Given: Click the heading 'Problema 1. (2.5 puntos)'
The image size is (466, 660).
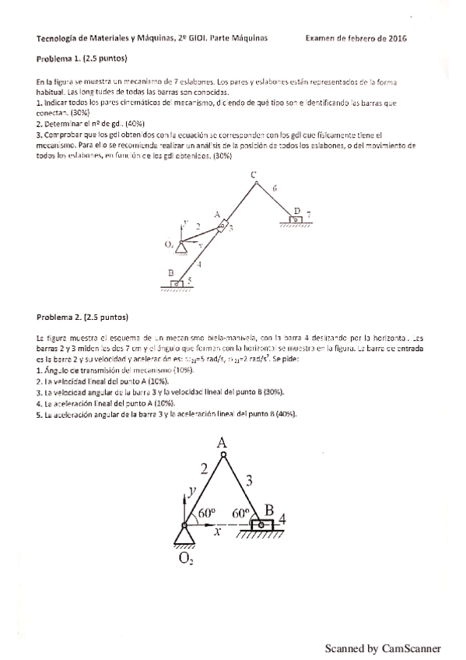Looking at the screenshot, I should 82,58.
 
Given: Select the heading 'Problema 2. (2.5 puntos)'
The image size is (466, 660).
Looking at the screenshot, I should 82,317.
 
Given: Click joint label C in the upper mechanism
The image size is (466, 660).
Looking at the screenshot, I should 254,177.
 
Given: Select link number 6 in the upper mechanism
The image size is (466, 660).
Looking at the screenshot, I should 275,188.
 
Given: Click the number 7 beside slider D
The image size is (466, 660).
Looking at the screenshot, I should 309,213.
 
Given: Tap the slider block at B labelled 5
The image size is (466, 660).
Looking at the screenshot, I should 177,283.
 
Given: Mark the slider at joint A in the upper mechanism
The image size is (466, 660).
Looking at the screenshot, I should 222,227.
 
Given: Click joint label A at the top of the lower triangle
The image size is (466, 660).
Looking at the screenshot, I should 222,442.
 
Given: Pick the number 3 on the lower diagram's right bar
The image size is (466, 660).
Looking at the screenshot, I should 249,481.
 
